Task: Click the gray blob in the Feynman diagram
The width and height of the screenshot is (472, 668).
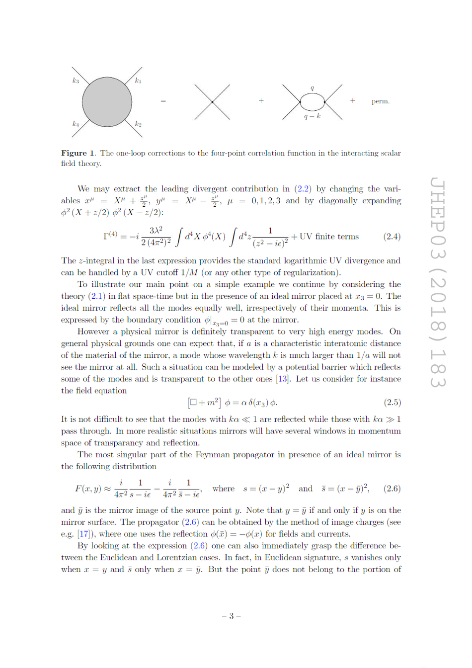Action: (x=107, y=102)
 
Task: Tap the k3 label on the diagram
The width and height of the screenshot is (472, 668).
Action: (x=76, y=81)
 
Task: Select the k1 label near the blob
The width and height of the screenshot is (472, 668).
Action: (x=138, y=81)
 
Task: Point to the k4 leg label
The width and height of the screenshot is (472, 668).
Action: (x=76, y=124)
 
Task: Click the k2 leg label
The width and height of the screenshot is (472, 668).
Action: (x=138, y=124)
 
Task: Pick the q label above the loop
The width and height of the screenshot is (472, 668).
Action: (x=312, y=88)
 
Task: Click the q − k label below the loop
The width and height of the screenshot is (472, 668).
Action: (x=312, y=116)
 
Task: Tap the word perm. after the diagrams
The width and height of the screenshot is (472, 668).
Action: (x=381, y=101)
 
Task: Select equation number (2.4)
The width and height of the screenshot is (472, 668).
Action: (x=392, y=237)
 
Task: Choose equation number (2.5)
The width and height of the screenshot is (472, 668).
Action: (x=392, y=402)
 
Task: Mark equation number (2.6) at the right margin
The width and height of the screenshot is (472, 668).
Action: (x=392, y=489)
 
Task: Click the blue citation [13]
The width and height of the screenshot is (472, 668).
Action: (x=283, y=379)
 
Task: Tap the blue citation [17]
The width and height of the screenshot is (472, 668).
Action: (x=84, y=534)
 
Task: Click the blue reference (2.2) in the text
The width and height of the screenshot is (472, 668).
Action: (x=303, y=189)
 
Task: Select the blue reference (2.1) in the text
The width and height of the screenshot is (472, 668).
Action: (x=97, y=296)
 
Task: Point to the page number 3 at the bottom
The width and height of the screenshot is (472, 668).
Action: (x=231, y=616)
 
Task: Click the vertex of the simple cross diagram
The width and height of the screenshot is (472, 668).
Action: (x=212, y=102)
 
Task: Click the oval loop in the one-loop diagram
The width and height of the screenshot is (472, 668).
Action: (x=313, y=102)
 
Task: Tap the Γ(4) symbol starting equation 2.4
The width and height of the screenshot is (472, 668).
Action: (x=110, y=236)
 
